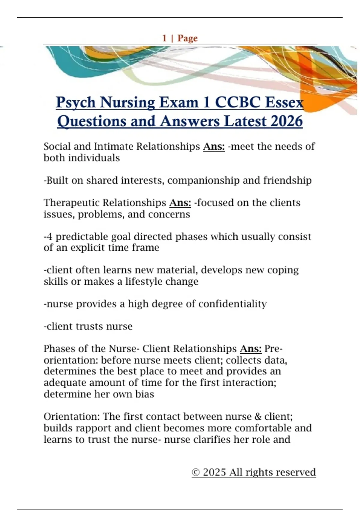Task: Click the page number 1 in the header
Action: [x=164, y=38]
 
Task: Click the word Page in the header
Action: [x=187, y=38]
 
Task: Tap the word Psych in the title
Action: [x=76, y=103]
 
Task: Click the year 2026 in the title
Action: [x=286, y=121]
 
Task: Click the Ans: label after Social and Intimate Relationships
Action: [x=214, y=146]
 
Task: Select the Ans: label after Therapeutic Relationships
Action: [x=180, y=203]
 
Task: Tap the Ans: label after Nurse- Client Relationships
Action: [x=251, y=349]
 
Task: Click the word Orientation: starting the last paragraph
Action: [x=72, y=416]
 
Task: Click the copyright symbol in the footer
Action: [x=196, y=472]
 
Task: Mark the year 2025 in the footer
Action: [x=214, y=472]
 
